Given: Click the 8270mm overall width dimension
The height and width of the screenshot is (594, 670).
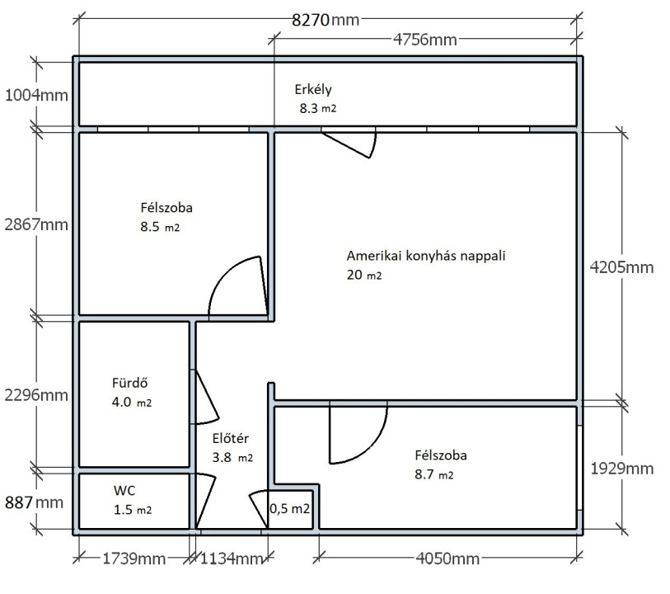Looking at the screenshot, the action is tap(326, 20).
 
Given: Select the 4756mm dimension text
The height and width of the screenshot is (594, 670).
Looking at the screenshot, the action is tap(424, 40).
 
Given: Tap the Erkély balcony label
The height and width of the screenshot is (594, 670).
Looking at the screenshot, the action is tap(313, 89).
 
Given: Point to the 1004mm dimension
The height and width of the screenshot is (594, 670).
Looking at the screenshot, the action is tap(36, 95).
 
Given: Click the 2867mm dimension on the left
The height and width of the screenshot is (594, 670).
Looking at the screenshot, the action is tap(36, 224).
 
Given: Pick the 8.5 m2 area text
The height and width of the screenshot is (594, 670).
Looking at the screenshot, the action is tap(160, 227).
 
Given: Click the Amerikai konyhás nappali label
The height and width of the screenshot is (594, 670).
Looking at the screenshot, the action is tap(426, 256).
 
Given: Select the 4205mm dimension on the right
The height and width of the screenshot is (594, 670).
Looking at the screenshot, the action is tap(621, 267).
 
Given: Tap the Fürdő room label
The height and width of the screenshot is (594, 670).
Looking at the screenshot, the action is tap(130, 383).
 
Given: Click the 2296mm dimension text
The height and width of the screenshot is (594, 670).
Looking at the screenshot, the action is tap(36, 395).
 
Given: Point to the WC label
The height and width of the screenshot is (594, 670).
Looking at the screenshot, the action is tap(124, 491).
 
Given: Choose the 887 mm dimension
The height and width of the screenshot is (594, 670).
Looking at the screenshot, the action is tap(34, 502).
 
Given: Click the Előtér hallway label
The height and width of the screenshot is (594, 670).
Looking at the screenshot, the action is tap(230, 438).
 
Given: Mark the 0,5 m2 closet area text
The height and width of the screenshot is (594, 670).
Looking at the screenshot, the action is tap(290, 509).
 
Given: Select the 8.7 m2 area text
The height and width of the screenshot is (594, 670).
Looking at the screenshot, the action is tap(434, 474).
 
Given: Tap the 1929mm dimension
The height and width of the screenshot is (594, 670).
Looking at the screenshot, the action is tap(622, 469).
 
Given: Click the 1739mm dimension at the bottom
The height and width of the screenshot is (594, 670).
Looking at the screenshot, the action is tap(134, 559).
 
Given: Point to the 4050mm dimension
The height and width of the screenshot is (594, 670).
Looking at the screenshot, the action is tap(447, 559).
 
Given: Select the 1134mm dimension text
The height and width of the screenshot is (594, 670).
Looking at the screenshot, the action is tap(232, 559).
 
